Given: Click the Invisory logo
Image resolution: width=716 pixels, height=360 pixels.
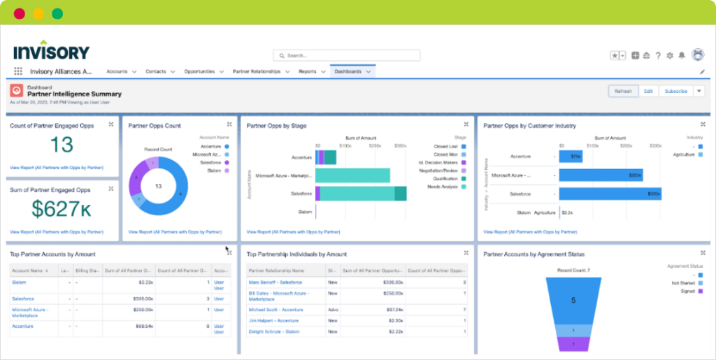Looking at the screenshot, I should coord(52,50).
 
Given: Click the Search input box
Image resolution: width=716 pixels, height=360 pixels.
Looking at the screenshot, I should coord(347,55).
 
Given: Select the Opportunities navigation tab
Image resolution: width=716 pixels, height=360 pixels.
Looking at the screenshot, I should coord(199,71).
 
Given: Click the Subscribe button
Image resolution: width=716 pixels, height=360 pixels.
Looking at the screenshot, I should coord(675,91).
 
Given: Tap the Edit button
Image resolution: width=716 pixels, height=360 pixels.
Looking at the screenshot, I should coord(648,91).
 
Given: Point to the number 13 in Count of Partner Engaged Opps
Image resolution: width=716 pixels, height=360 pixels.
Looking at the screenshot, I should coord(62,145).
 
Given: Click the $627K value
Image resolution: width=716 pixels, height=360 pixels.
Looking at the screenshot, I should coord(62,208).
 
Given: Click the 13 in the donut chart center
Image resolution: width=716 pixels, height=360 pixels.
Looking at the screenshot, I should coord(159,186).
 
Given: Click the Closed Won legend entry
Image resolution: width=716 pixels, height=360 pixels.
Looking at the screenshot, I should coord(445,154).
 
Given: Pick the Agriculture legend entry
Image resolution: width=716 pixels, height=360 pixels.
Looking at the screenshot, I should coord(685,154).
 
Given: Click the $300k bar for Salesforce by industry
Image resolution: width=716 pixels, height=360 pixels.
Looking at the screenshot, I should coord(610,194).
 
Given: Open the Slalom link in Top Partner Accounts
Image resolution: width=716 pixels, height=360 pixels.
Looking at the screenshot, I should coord(18,282).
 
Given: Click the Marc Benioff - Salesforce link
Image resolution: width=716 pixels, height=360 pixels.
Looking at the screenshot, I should coord(275,282).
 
